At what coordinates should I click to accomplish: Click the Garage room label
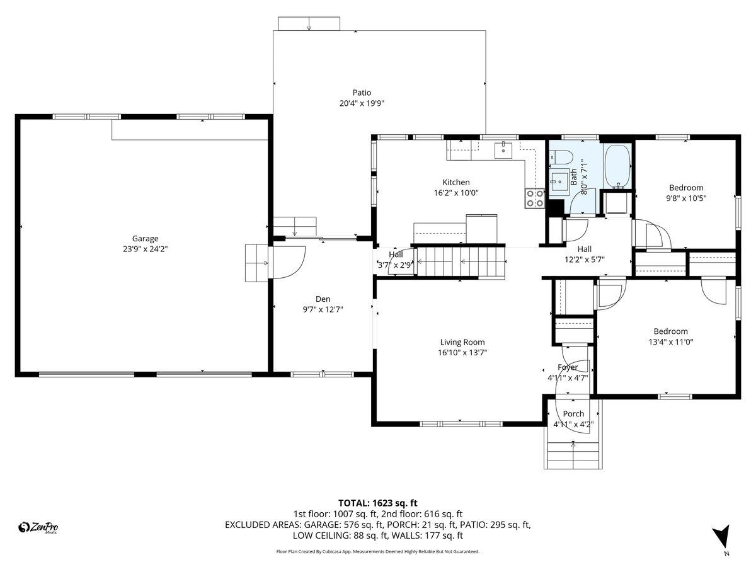point(145,238)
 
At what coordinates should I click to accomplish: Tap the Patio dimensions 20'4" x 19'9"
point(361,104)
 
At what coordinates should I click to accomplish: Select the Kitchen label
point(455,182)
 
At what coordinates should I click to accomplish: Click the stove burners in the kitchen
point(535,198)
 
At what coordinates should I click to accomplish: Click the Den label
point(323,299)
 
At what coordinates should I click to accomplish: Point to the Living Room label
point(462,342)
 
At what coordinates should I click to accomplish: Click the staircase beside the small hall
point(463,261)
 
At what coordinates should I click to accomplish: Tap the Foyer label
point(567,367)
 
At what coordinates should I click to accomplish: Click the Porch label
point(573,414)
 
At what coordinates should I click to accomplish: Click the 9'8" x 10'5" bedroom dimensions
point(686,198)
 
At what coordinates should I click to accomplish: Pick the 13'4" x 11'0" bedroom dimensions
point(670,341)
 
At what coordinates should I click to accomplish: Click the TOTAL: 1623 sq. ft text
point(378,503)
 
